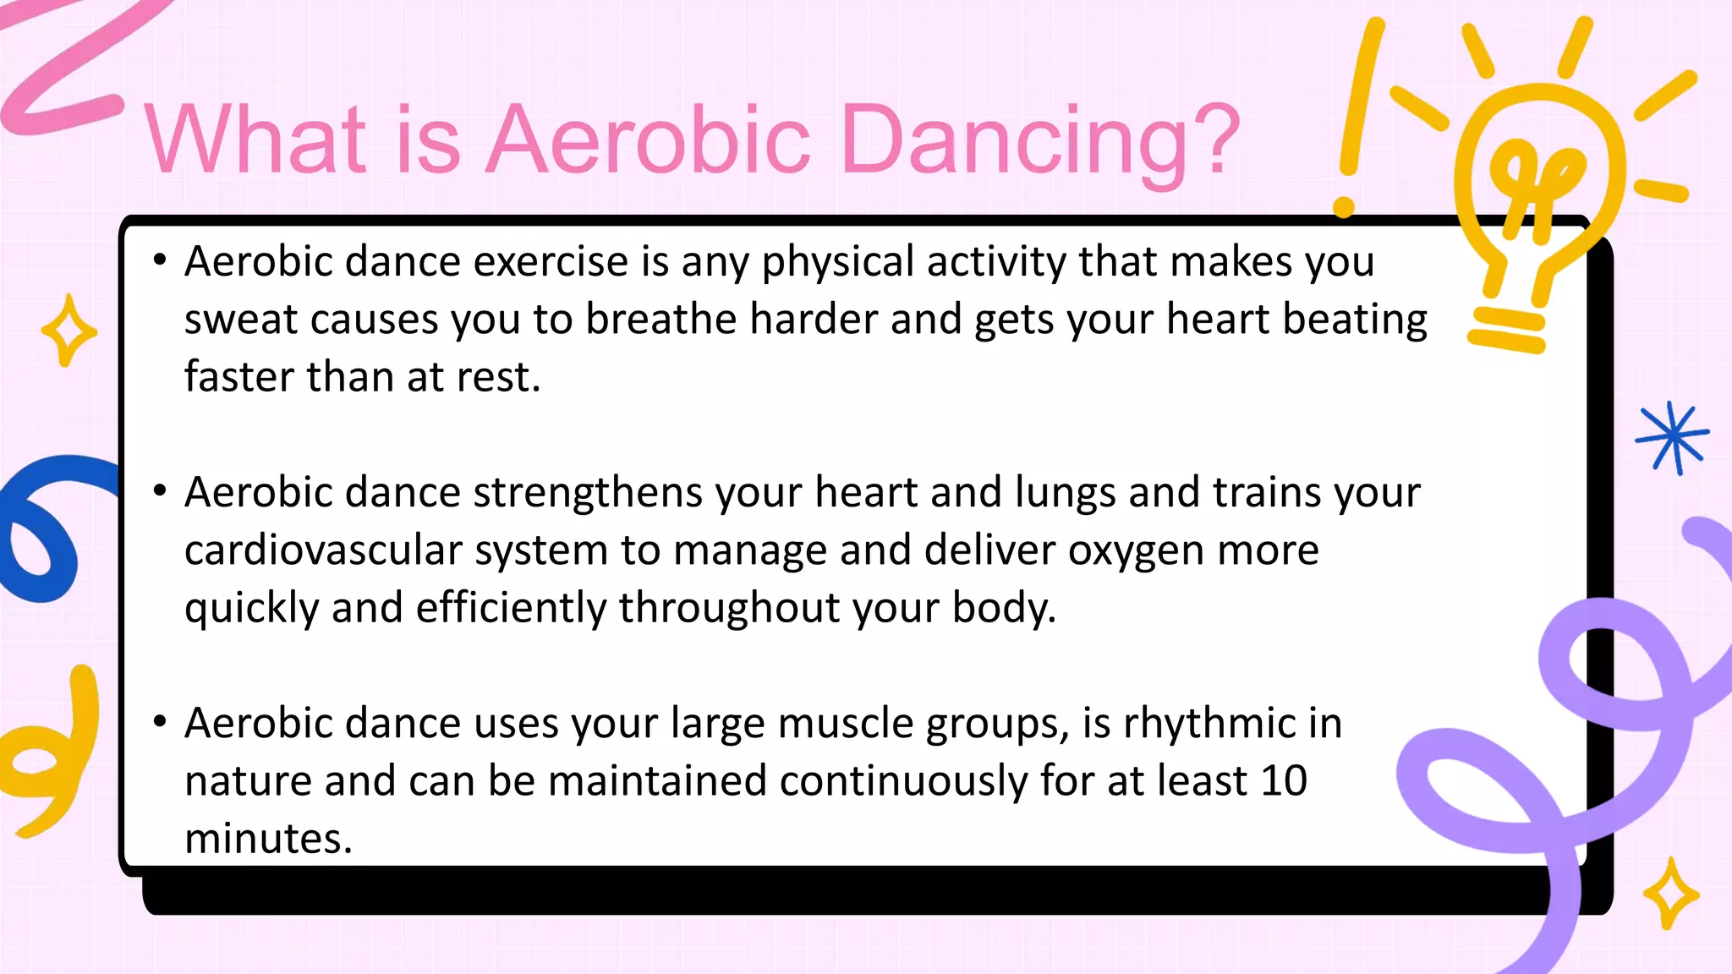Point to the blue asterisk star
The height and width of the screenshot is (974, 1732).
click(1672, 437)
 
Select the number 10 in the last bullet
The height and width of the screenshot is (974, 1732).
click(1283, 780)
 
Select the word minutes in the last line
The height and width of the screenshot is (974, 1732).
click(267, 839)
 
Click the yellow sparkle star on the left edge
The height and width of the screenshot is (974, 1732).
click(69, 331)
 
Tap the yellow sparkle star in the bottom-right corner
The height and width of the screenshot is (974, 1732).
click(1670, 895)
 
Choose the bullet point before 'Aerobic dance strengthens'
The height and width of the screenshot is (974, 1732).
click(160, 490)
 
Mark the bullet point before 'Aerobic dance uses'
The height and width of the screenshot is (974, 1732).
click(160, 721)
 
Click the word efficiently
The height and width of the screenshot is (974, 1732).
click(511, 608)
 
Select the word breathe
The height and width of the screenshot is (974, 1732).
click(661, 320)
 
